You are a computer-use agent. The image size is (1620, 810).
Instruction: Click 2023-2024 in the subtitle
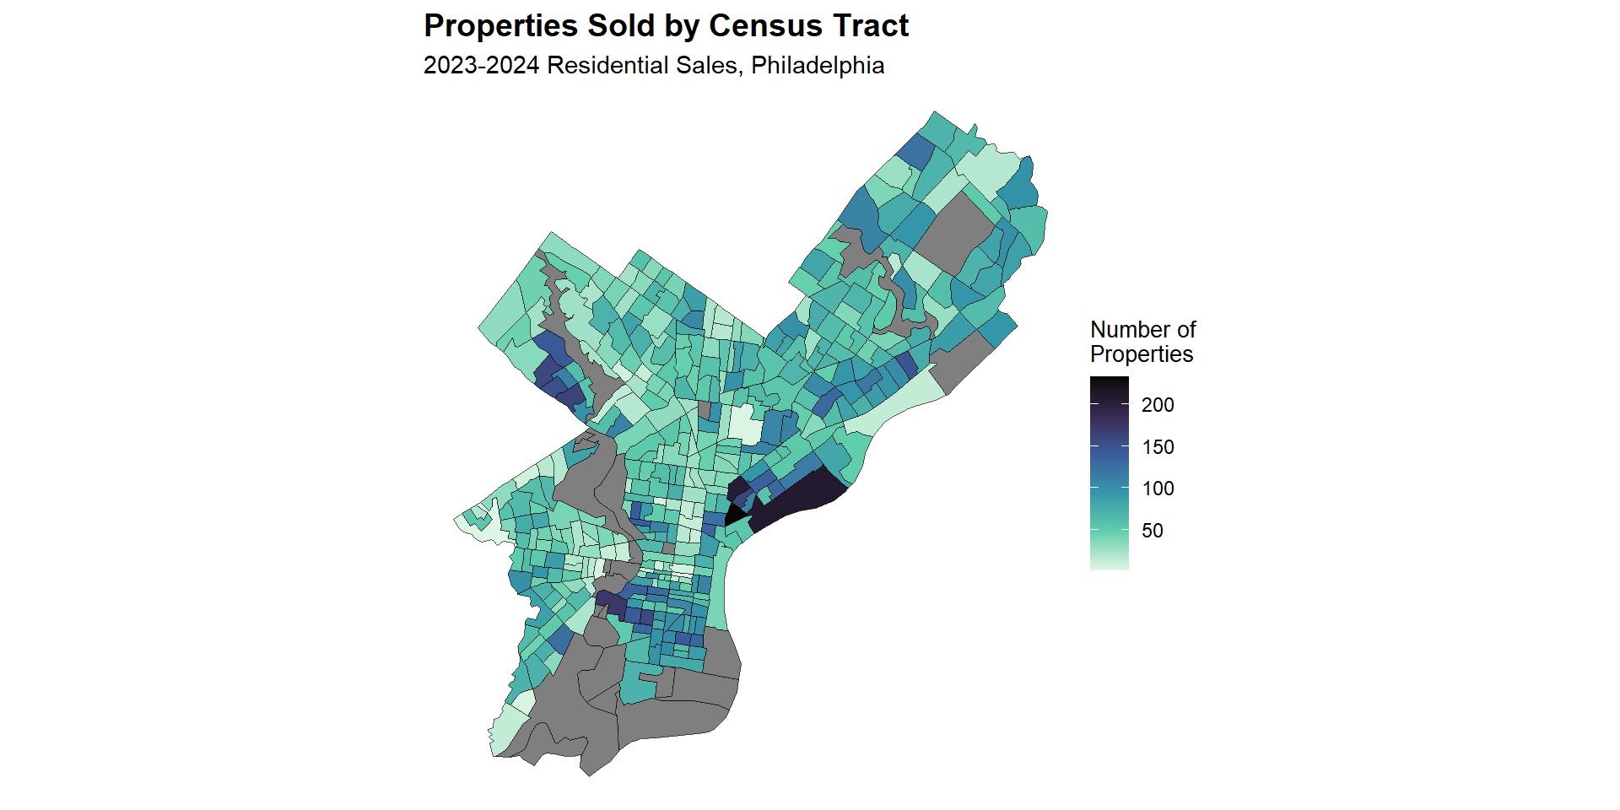pos(481,66)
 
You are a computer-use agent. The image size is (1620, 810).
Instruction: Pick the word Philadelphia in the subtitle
pos(818,66)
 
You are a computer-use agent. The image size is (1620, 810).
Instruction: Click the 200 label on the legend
pos(1158,405)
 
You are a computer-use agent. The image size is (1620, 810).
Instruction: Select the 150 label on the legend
pos(1158,447)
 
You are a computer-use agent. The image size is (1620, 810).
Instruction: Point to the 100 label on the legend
pos(1158,489)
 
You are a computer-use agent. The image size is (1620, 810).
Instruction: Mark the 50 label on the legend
pos(1153,531)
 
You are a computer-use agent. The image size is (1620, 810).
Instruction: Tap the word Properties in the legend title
pos(1142,354)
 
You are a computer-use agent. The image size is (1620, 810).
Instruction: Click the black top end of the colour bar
pos(1109,381)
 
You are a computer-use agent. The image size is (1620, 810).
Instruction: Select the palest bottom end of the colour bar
pos(1109,565)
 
